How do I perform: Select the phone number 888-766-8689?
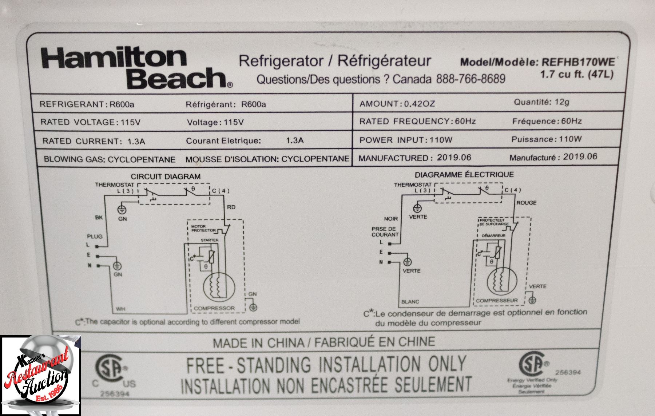(x=471, y=79)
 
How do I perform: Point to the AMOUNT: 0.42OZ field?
(x=397, y=104)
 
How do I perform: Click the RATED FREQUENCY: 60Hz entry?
(x=417, y=121)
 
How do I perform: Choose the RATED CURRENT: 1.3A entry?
(x=94, y=141)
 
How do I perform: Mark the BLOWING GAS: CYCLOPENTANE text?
(x=110, y=159)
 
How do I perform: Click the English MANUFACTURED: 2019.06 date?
(x=415, y=158)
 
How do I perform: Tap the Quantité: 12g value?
(x=541, y=102)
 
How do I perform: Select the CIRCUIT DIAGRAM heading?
(x=166, y=177)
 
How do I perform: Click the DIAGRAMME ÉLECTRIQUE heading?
(x=464, y=175)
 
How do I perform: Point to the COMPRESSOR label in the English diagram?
(x=214, y=308)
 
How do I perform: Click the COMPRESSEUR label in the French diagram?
(x=497, y=301)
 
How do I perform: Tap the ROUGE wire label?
(x=527, y=203)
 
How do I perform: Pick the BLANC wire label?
(x=410, y=302)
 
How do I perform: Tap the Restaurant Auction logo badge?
(x=41, y=375)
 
